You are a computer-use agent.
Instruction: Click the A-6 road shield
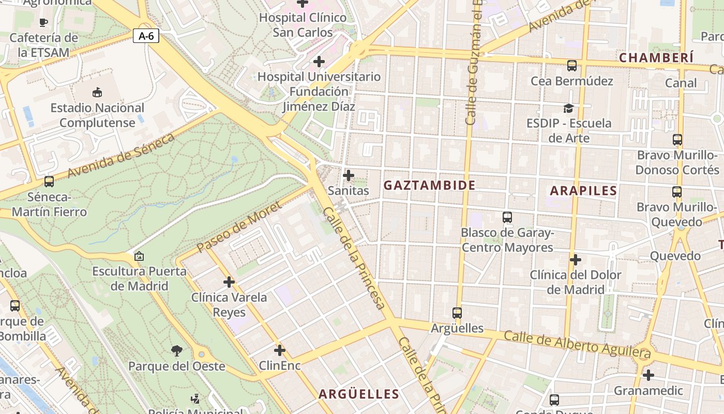point(146,36)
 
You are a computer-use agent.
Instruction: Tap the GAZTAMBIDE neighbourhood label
point(429,185)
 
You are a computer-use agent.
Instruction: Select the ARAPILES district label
point(583,190)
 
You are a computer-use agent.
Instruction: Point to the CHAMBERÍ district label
point(656,57)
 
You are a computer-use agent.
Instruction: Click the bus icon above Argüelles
point(457,313)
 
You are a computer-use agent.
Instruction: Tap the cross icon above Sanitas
point(349,175)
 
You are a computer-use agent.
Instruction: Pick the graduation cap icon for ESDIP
point(568,108)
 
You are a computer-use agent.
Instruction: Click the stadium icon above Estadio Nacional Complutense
point(97,93)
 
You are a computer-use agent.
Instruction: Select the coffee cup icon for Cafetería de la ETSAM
point(43,22)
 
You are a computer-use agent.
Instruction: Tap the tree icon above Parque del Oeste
point(176,351)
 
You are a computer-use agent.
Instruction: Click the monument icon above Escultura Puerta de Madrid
point(139,256)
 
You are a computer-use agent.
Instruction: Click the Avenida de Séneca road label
point(122,155)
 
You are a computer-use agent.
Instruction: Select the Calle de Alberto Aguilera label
point(577,345)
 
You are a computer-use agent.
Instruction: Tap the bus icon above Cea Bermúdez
point(571,66)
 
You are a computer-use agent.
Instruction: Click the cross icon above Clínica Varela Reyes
point(229,282)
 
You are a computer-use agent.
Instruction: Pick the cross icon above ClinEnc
point(279,350)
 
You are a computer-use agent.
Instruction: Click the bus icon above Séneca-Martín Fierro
point(49,182)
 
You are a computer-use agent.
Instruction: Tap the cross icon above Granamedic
point(648,375)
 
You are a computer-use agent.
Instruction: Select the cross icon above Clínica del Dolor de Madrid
point(575,259)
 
